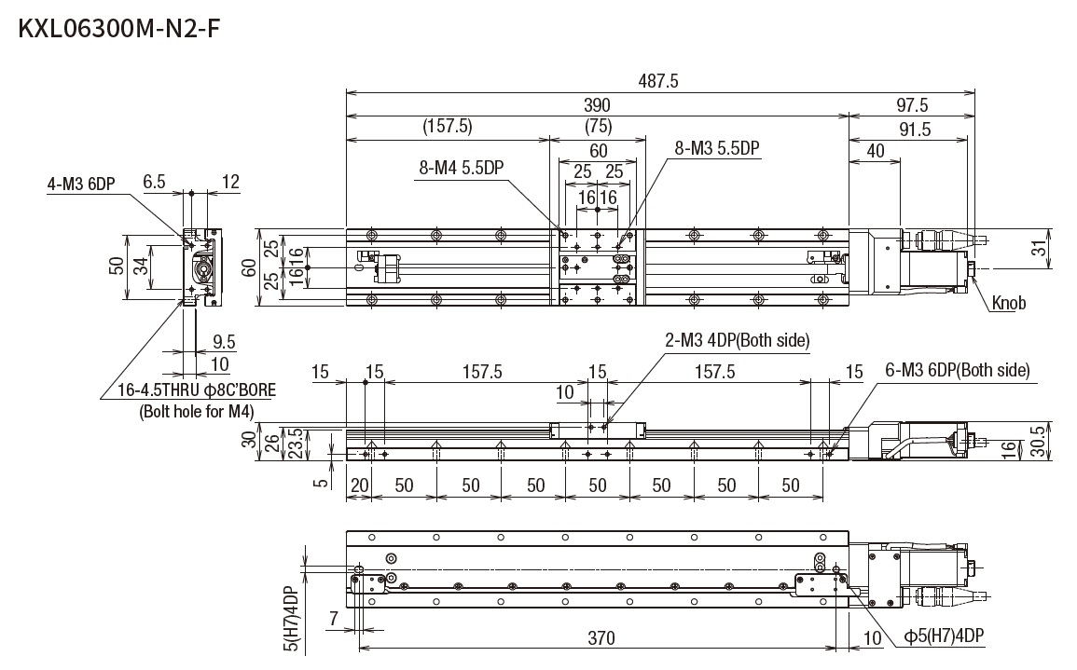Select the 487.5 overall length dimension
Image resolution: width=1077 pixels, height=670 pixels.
point(659,81)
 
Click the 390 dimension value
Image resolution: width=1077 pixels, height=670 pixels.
point(597,105)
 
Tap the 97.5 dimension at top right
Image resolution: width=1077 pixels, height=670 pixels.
point(911,105)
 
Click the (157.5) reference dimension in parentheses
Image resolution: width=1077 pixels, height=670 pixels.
point(448,125)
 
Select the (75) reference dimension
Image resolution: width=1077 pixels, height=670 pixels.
point(598,125)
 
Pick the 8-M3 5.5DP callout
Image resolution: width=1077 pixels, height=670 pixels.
point(717,148)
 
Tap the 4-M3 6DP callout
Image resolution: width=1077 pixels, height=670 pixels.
point(80,184)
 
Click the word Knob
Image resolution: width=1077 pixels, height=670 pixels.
point(1009,304)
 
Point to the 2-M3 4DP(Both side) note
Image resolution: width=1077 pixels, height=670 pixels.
point(737,341)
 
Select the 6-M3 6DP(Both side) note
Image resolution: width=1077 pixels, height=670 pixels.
point(957,370)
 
